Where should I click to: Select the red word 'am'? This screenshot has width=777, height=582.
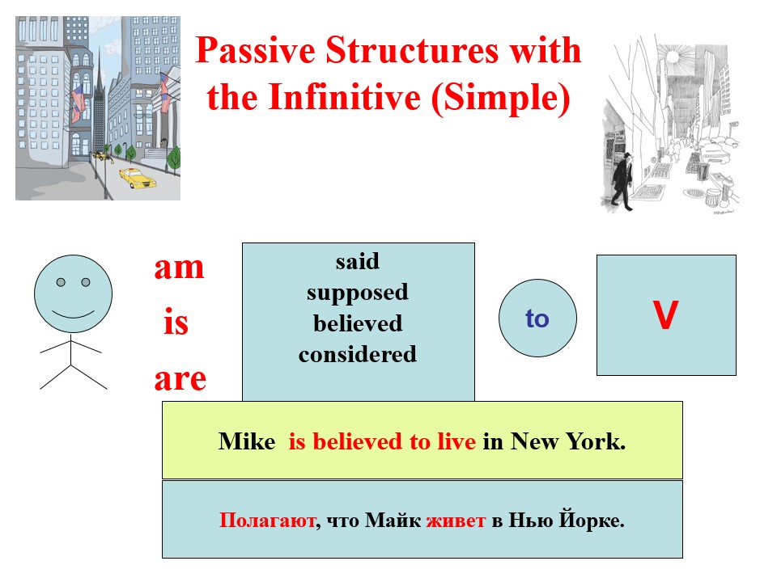179,268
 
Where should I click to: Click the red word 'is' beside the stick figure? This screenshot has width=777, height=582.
176,323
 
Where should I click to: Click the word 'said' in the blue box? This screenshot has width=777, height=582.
358,262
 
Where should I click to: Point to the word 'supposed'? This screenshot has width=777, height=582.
358,293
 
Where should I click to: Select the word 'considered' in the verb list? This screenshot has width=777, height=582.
358,354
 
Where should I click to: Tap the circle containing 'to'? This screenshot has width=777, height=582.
537,318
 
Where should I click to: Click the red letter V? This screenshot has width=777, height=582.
665,318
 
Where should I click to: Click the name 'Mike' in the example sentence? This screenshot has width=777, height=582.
247,442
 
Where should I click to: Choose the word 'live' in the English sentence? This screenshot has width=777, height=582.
457,442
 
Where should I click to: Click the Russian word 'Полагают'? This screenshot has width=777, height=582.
265,521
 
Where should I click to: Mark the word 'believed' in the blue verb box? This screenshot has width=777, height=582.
358,323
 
